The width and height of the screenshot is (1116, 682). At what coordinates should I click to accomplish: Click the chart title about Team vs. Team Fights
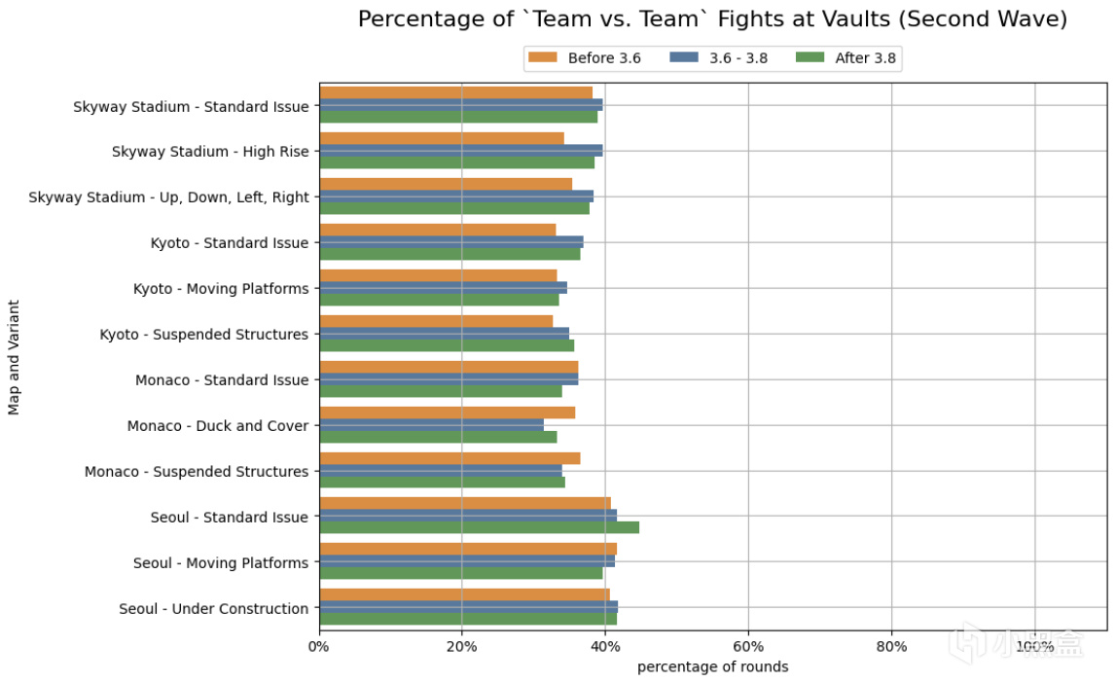[x=712, y=19]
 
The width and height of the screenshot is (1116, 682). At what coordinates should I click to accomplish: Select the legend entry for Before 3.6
[x=584, y=58]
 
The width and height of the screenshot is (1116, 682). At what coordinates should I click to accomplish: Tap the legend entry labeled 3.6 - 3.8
[x=719, y=58]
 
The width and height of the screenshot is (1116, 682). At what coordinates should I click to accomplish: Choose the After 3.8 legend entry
[x=846, y=58]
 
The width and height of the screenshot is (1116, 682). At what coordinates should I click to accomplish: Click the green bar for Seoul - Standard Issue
[x=479, y=527]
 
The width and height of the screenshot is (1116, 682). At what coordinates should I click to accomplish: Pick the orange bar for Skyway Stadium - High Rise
[x=442, y=138]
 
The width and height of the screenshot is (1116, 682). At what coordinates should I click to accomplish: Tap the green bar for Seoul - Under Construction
[x=468, y=619]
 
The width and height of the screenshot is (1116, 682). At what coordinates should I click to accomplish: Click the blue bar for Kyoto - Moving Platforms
[x=443, y=288]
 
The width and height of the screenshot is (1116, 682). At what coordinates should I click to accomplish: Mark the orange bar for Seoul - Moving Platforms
[x=468, y=549]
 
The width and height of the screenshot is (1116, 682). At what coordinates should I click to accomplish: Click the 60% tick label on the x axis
[x=748, y=647]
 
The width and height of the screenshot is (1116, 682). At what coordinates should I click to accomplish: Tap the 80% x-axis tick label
[x=891, y=647]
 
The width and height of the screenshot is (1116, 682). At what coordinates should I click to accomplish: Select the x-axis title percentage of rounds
[x=712, y=667]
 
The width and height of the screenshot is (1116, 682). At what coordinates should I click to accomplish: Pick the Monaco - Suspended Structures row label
[x=197, y=472]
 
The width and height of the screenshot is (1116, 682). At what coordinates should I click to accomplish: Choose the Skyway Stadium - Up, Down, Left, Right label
[x=168, y=197]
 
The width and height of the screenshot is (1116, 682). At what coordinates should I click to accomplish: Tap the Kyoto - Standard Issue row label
[x=230, y=243]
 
